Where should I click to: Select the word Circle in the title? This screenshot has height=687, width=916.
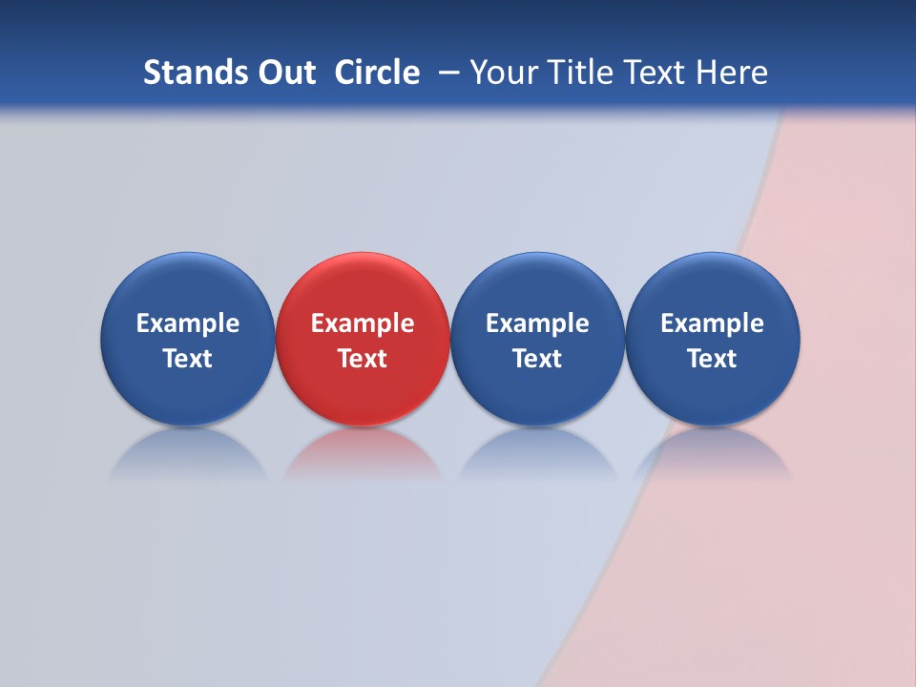(377, 73)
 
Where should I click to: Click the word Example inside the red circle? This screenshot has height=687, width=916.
(363, 323)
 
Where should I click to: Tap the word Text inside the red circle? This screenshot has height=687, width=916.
(363, 359)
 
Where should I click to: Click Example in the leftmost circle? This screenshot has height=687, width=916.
(187, 323)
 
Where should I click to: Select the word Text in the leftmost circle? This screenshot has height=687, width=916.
(187, 359)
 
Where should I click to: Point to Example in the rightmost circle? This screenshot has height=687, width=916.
(713, 323)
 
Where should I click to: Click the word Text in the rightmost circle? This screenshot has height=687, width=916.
(713, 359)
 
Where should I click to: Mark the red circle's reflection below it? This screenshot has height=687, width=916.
(363, 456)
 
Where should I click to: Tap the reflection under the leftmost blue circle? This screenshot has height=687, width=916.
(187, 456)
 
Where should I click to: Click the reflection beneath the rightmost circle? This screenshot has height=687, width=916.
(713, 456)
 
